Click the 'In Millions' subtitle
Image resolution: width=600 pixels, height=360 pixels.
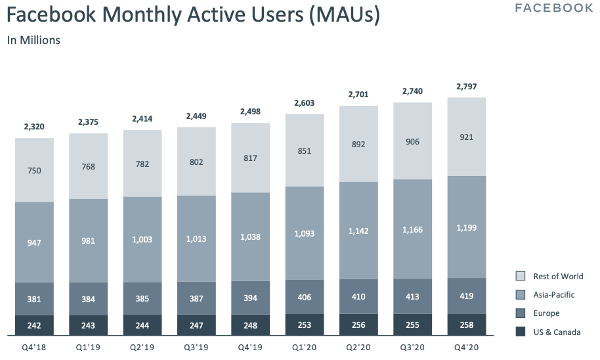click(x=33, y=40)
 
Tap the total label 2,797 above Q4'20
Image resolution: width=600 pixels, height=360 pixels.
click(x=467, y=86)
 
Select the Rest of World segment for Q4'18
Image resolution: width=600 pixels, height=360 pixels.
click(x=34, y=170)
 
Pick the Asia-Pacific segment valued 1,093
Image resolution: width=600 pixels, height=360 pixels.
click(x=304, y=233)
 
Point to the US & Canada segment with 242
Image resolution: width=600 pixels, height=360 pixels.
click(x=34, y=325)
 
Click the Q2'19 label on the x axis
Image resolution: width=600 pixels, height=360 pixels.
click(x=142, y=347)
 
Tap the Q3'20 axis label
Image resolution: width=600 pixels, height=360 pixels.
click(x=412, y=347)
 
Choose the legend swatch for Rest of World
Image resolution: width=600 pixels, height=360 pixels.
click(x=520, y=276)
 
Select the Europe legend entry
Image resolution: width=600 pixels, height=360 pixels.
click(x=546, y=313)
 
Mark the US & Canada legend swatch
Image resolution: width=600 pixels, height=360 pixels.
click(x=520, y=332)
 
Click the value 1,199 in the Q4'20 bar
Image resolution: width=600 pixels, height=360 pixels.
click(x=467, y=227)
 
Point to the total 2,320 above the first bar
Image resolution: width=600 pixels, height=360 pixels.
click(x=34, y=127)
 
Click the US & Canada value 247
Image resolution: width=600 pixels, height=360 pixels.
click(x=196, y=325)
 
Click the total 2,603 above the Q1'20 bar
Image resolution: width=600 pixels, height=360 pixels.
click(x=304, y=103)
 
